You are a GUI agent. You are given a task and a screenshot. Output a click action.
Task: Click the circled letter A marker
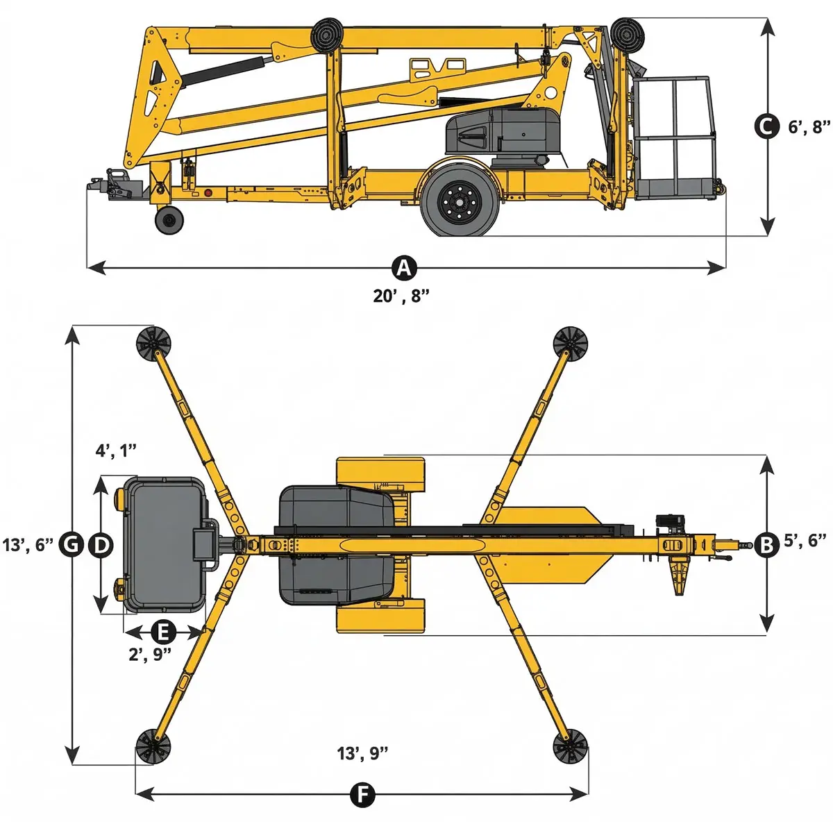point(404,268)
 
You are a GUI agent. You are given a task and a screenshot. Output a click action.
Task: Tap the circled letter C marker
point(767,126)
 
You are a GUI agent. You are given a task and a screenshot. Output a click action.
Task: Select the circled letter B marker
point(766,545)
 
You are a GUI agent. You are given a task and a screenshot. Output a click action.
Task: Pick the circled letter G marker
point(71,545)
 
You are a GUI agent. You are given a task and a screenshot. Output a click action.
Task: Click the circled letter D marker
point(101,545)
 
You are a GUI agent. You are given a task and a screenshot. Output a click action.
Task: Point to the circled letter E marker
point(164,632)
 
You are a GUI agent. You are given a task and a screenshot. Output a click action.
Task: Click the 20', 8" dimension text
point(402,296)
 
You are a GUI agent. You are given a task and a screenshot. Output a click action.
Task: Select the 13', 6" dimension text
point(28,545)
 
